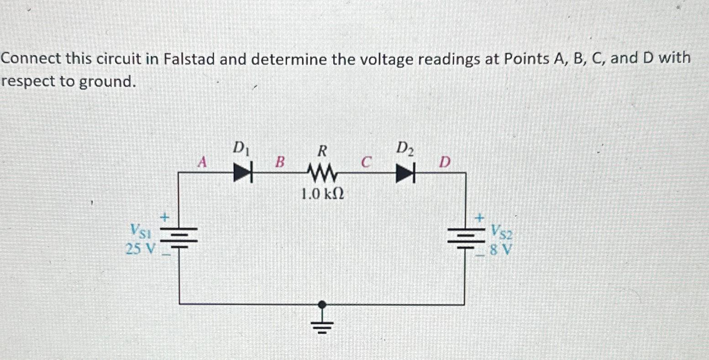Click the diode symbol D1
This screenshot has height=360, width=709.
coord(243,173)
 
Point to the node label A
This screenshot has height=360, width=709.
coord(202,161)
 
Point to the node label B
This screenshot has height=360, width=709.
coord(280,162)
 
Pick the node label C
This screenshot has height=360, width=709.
coord(365,162)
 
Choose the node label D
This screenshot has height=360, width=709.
coord(445,162)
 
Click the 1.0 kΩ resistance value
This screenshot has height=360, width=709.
coord(322,195)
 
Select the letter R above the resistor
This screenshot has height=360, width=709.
coord(322,151)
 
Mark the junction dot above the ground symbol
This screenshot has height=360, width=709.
coord(322,304)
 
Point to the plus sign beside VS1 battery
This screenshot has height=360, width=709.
coord(166,218)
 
